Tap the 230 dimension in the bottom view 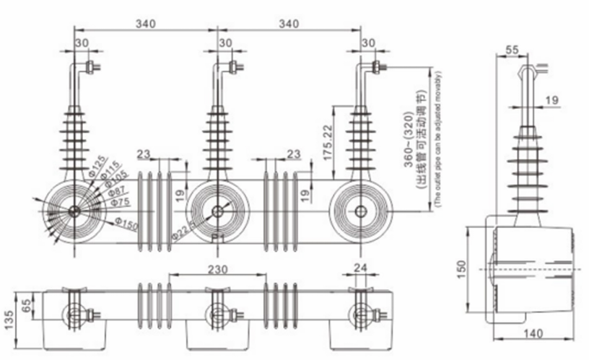[x=217, y=268]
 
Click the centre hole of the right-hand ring [x=359, y=211]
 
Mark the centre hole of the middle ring [x=217, y=211]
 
